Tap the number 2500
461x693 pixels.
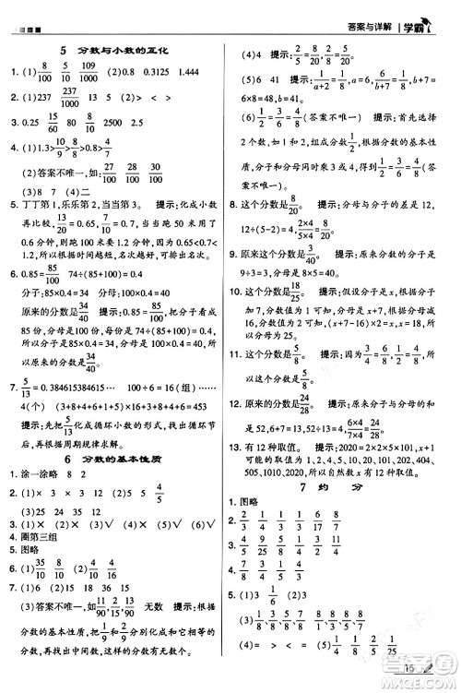click(x=118, y=121)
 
